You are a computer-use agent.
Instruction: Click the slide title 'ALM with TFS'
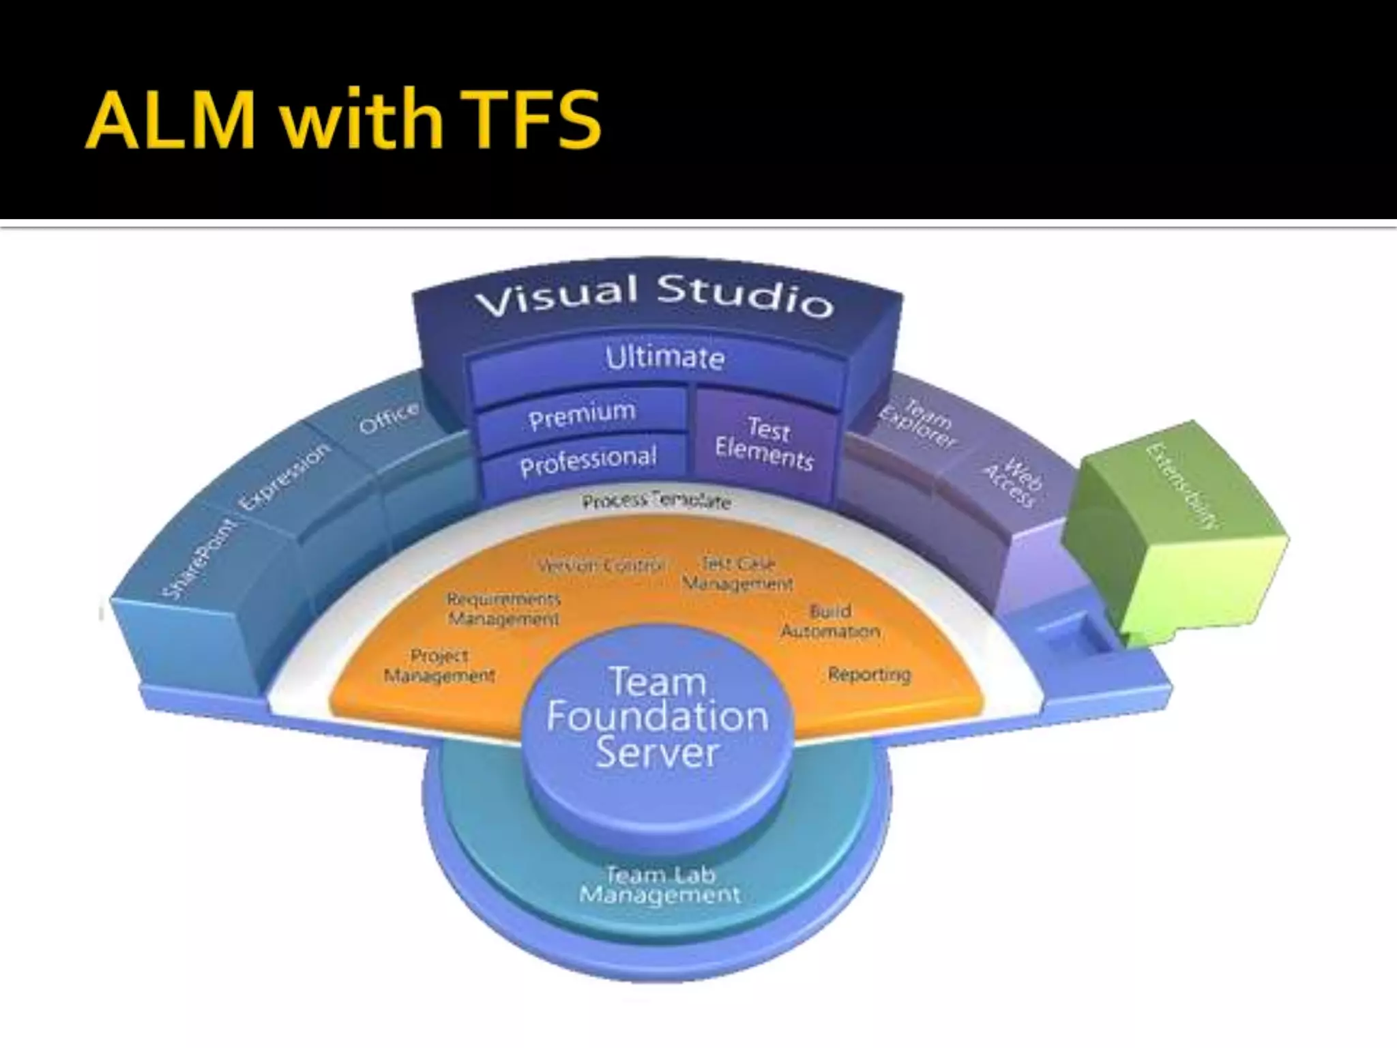pos(343,119)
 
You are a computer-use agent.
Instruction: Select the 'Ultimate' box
pos(664,358)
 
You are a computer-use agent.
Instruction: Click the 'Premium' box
pos(582,415)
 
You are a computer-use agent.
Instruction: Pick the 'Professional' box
pos(587,462)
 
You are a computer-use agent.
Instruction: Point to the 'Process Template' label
pos(656,501)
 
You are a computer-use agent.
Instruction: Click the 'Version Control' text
pos(601,566)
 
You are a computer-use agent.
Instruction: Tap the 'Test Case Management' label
pos(738,574)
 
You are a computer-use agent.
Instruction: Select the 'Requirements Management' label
pos(503,609)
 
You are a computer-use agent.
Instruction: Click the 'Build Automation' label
pos(830,621)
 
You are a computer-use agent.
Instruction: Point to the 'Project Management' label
pos(439,665)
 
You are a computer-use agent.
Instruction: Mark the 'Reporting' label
pos(869,674)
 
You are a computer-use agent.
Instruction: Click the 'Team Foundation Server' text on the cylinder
pos(657,717)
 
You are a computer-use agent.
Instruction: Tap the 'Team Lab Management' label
pos(660,884)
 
